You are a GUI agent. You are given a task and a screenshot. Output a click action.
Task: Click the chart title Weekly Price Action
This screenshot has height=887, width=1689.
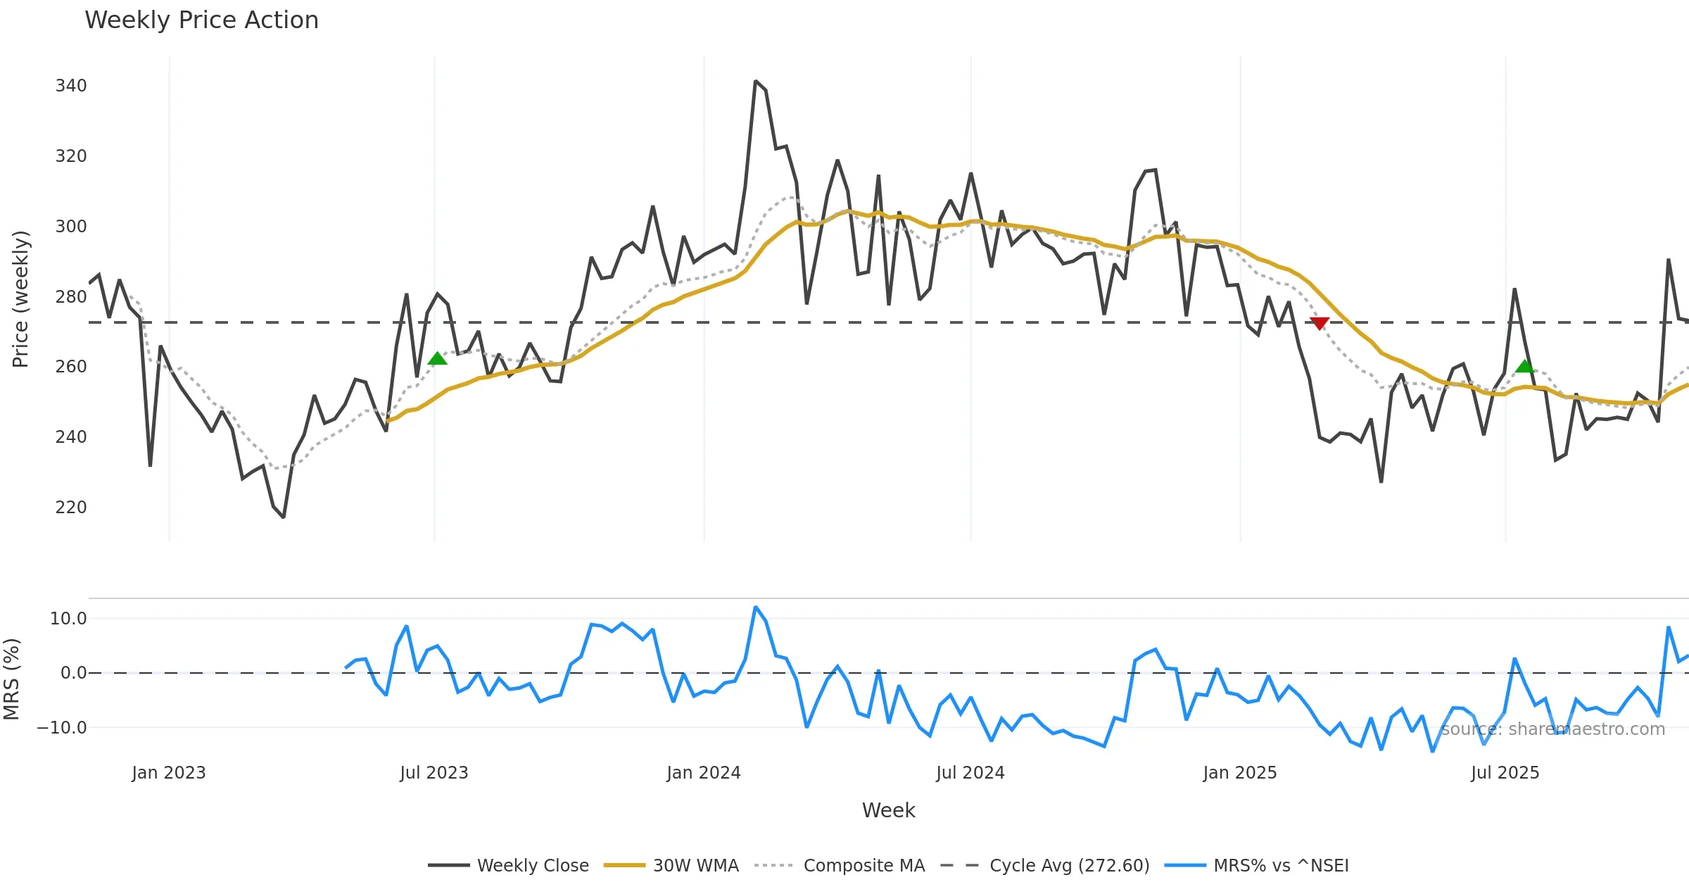point(201,20)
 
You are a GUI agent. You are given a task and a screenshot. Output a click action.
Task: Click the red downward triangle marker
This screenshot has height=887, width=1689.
point(1320,323)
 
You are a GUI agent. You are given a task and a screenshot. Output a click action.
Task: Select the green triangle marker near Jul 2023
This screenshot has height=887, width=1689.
point(437,359)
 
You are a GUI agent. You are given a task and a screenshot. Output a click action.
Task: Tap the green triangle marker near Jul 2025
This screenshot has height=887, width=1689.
point(1524,366)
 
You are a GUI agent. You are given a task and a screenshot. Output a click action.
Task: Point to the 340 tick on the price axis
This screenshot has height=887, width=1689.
point(71,86)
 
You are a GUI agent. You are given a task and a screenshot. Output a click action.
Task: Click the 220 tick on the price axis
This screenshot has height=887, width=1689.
point(71,508)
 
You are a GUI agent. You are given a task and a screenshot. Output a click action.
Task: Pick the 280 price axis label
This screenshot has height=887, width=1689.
point(71,297)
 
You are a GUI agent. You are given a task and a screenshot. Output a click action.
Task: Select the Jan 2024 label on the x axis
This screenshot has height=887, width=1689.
point(704,773)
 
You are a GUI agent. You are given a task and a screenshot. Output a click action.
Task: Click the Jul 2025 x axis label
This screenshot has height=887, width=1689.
point(1505,773)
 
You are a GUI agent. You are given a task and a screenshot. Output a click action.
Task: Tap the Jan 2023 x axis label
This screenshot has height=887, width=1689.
point(169,773)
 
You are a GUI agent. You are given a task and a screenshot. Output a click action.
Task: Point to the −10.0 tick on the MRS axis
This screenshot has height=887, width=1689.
point(62,728)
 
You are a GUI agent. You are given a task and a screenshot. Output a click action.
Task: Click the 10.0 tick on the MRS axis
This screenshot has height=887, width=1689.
point(68,619)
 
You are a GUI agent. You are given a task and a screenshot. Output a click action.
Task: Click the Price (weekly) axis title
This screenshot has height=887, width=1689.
point(20,299)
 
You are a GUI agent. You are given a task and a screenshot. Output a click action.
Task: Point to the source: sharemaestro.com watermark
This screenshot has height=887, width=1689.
point(1553,729)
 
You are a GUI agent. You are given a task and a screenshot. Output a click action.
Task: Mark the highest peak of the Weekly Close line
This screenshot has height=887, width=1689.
point(755,82)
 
